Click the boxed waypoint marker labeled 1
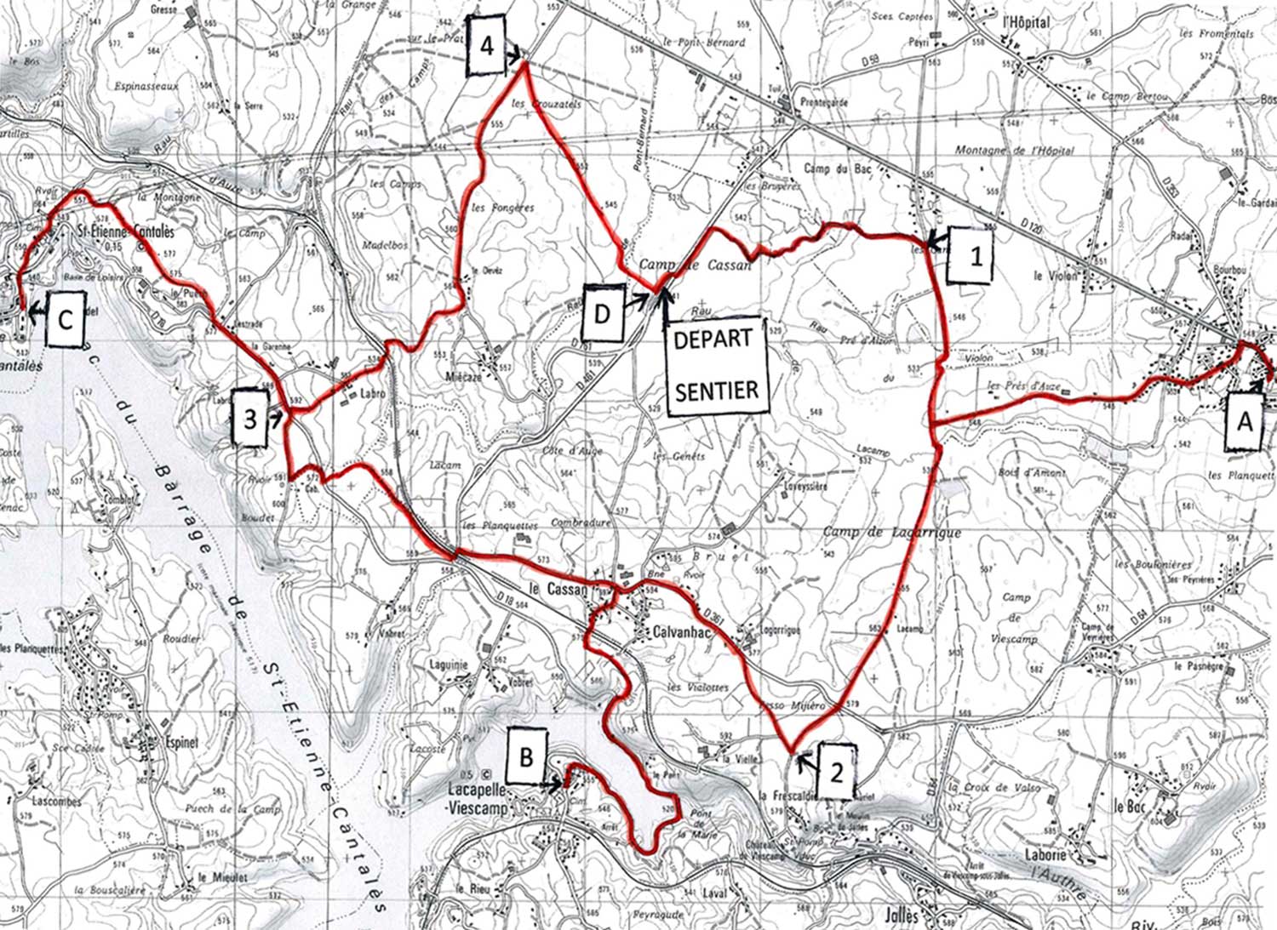975,254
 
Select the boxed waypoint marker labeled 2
836,772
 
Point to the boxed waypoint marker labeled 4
486,45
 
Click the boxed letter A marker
1244,420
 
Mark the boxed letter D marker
602,313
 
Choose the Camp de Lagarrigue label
891,533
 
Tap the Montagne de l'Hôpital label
1014,151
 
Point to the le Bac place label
1130,805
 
